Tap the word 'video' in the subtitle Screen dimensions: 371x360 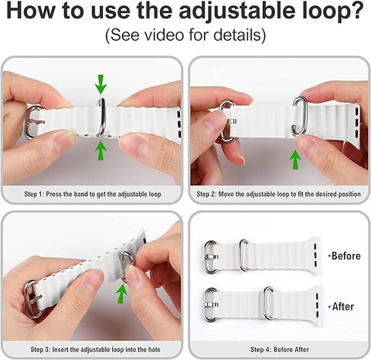(x=164, y=35)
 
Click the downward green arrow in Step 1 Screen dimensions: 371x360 (x=100, y=84)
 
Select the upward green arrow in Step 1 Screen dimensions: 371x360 (x=100, y=151)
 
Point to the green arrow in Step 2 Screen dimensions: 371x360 (x=295, y=160)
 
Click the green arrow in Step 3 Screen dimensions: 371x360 (x=121, y=294)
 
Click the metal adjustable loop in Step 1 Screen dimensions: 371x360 (x=101, y=117)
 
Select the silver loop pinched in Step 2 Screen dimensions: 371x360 (x=299, y=116)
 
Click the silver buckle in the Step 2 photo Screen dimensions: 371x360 (x=226, y=121)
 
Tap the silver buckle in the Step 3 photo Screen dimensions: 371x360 (x=32, y=299)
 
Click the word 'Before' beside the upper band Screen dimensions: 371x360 (x=346, y=256)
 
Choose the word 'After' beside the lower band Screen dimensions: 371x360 (x=343, y=307)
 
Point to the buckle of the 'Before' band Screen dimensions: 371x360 (x=211, y=257)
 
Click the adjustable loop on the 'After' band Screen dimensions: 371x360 (x=269, y=303)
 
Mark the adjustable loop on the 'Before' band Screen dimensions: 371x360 (x=243, y=255)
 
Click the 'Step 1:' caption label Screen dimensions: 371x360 (x=34, y=194)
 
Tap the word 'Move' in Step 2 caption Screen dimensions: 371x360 (x=226, y=194)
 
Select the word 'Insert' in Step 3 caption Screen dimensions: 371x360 (x=60, y=349)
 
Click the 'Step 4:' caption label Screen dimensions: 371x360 (x=260, y=349)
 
